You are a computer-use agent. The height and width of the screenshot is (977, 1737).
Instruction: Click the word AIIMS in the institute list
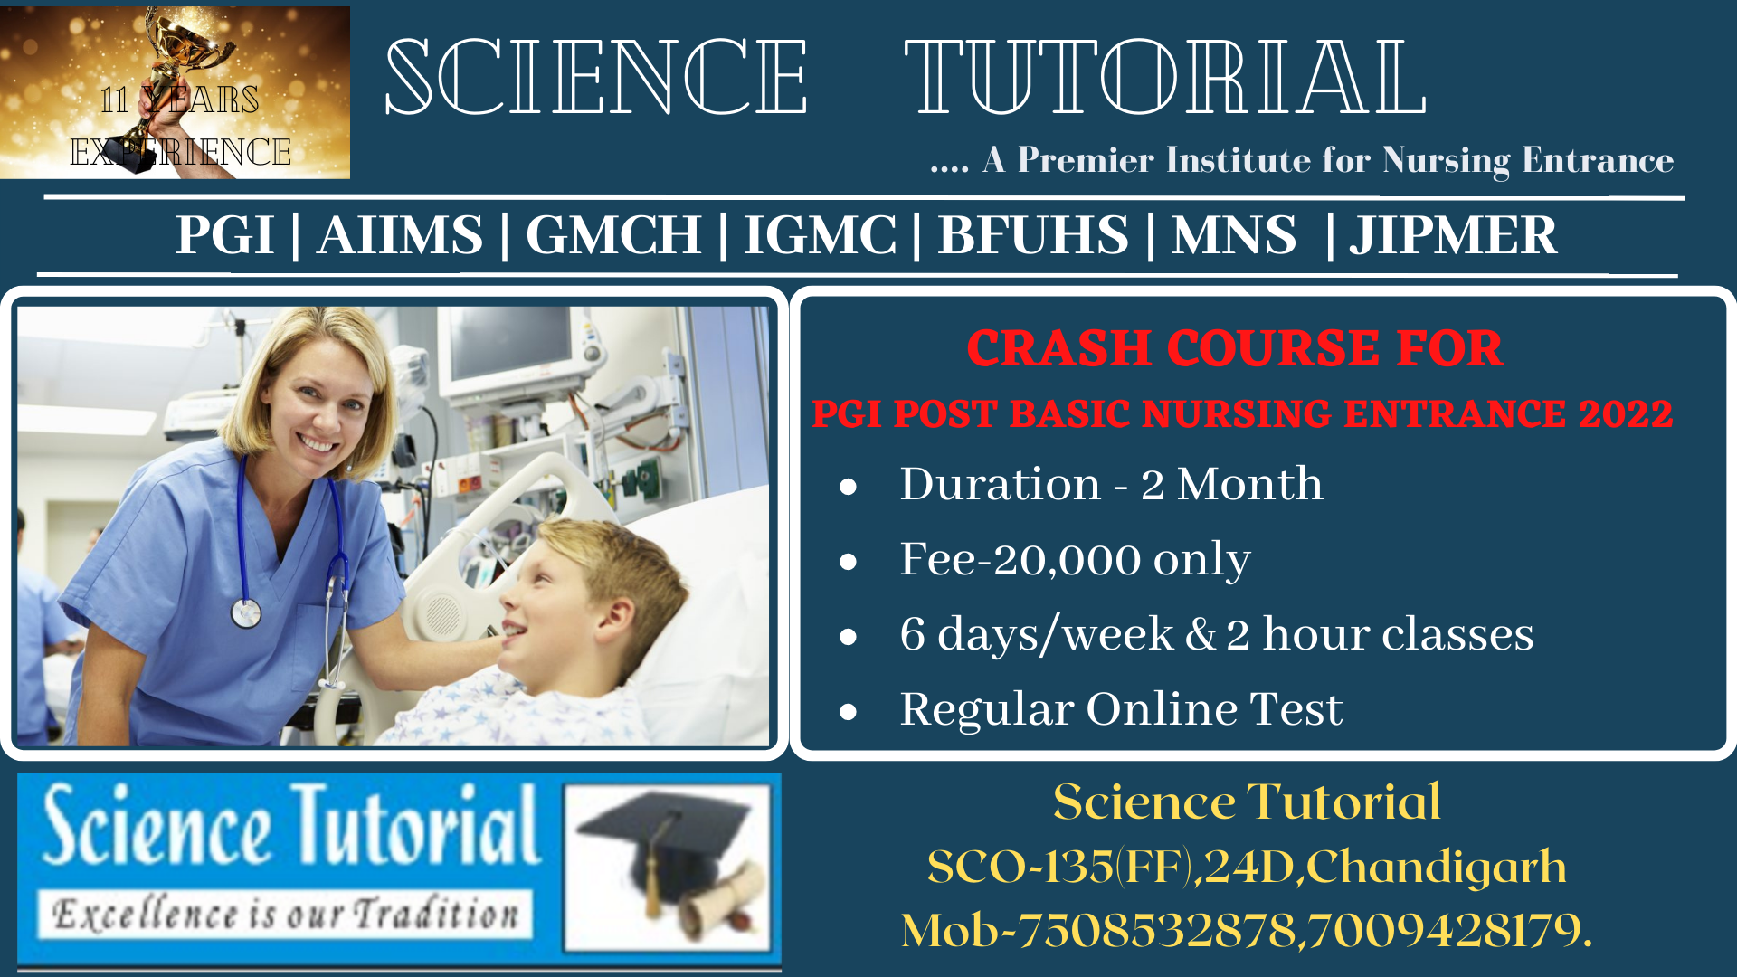click(400, 235)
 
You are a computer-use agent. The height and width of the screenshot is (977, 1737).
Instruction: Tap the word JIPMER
click(1453, 235)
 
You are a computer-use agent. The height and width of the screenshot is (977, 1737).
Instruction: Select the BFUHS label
click(1033, 235)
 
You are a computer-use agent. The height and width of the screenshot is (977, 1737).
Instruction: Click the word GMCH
click(613, 235)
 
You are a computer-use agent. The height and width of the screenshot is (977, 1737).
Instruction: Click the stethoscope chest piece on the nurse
click(246, 612)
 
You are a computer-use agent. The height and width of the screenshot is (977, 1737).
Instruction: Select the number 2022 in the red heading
click(1626, 413)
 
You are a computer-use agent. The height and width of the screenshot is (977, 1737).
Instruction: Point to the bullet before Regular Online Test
click(848, 712)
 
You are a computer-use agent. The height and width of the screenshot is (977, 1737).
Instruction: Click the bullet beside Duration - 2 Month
click(848, 488)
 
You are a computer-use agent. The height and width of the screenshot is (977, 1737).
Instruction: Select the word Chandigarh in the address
click(1437, 867)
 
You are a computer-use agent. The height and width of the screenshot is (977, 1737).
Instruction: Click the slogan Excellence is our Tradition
click(285, 914)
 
